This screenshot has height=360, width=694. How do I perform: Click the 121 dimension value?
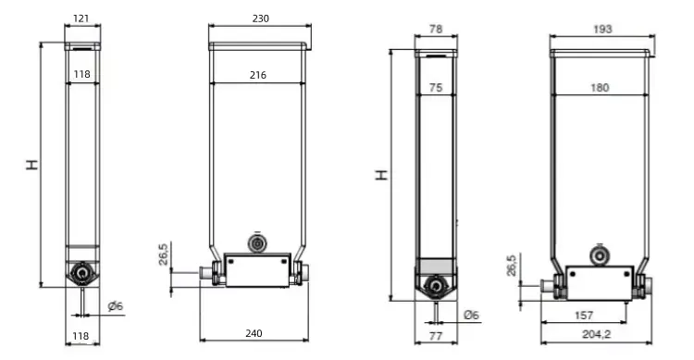coord(82,19)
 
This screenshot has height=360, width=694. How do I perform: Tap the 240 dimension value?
coord(254,332)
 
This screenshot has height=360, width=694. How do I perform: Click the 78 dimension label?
coord(435,30)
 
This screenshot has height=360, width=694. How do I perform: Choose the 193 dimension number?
coord(601,30)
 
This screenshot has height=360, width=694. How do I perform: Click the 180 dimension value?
coord(600,88)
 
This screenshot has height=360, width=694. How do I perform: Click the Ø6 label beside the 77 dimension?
coord(471,315)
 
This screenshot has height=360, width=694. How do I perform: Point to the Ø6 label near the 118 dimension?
coord(115,306)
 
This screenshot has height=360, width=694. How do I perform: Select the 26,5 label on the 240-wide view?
coord(163,253)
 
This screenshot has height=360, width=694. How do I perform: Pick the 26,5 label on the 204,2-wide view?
coord(511,265)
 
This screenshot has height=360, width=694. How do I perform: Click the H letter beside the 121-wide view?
coord(32,165)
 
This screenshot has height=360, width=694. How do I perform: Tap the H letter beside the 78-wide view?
coord(381,174)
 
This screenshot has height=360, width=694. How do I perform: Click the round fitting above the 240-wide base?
coord(256,242)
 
